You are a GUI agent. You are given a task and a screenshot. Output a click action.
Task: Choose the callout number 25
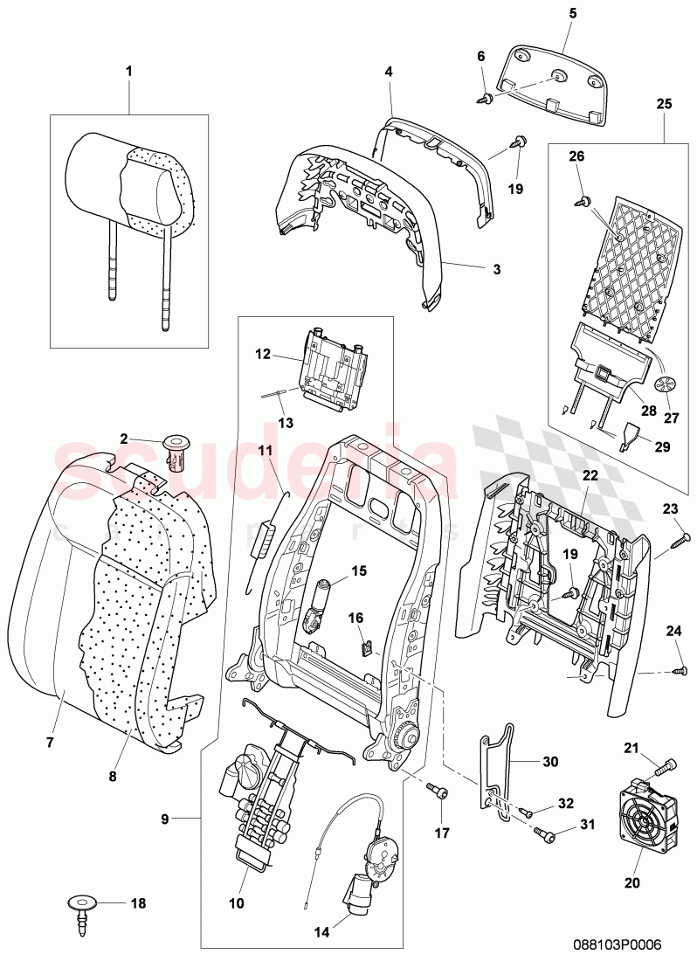tap(663, 103)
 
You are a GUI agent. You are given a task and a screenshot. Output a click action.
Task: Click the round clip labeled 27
tap(666, 384)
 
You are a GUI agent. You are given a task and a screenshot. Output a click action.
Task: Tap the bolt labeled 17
tap(438, 792)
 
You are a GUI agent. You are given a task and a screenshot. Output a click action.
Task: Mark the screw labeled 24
tap(679, 670)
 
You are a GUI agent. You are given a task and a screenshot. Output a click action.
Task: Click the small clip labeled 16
tap(368, 647)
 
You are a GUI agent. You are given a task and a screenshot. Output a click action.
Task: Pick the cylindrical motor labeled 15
tap(321, 604)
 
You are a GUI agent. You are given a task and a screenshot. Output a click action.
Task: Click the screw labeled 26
tap(580, 201)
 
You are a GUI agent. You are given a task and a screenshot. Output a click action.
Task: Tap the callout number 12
tap(263, 355)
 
